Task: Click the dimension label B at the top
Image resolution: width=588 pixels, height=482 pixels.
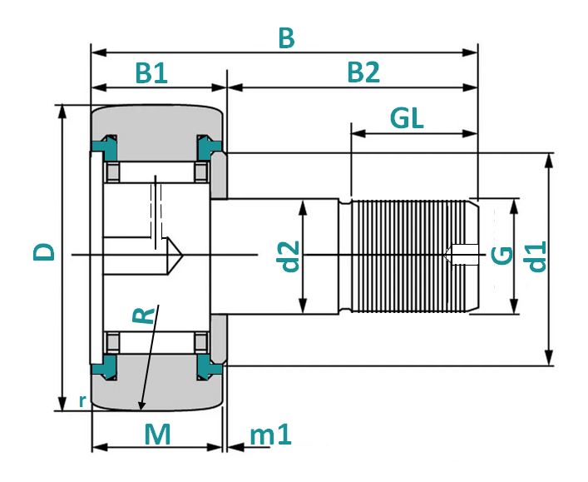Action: pyautogui.click(x=286, y=38)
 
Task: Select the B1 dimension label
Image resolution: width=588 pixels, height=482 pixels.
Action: pyautogui.click(x=151, y=72)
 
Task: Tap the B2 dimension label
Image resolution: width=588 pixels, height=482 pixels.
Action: pyautogui.click(x=363, y=72)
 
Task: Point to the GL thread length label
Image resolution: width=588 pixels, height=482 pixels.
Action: pyautogui.click(x=407, y=118)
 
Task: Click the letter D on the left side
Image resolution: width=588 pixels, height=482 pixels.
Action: pyautogui.click(x=44, y=252)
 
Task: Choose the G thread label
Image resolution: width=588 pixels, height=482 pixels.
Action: pyautogui.click(x=502, y=256)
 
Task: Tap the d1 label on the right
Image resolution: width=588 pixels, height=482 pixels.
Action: pyautogui.click(x=536, y=256)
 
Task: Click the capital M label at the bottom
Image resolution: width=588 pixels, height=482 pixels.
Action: pyautogui.click(x=157, y=435)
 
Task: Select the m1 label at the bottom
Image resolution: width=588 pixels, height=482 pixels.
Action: pyautogui.click(x=270, y=435)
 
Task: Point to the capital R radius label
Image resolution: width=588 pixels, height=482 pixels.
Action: pyautogui.click(x=144, y=316)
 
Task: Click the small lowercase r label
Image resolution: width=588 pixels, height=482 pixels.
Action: pyautogui.click(x=82, y=401)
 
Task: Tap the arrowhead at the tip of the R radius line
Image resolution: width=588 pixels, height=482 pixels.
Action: pyautogui.click(x=141, y=406)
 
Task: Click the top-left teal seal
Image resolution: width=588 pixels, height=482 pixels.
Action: pyautogui.click(x=105, y=147)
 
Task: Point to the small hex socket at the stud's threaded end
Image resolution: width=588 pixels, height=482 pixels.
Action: pyautogui.click(x=462, y=255)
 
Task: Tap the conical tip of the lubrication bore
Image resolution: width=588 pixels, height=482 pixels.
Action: pyautogui.click(x=175, y=256)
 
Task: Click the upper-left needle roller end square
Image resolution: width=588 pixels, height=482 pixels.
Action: pyautogui.click(x=112, y=172)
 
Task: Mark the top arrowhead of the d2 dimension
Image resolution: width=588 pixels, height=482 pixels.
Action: pyautogui.click(x=303, y=206)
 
